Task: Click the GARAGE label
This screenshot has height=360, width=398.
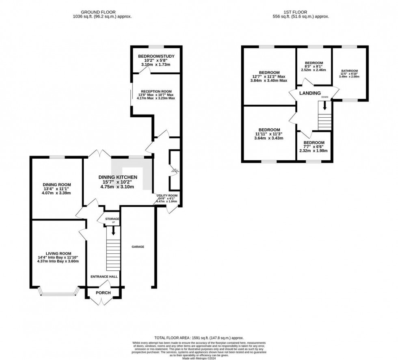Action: [138, 247]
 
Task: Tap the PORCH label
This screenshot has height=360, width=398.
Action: [103, 293]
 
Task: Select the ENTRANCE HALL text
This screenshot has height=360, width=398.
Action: [104, 276]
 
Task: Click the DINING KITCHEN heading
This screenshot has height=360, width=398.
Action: [118, 177]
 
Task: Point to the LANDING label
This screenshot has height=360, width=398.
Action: [310, 93]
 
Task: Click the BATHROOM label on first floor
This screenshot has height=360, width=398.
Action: [349, 69]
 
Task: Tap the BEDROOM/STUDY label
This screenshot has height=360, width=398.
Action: [154, 56]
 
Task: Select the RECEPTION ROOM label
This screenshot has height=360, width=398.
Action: [156, 91]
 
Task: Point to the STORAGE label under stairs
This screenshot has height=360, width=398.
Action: [112, 219]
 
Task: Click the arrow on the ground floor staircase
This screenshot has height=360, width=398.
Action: [113, 230]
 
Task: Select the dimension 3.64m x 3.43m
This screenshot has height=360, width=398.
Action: [268, 138]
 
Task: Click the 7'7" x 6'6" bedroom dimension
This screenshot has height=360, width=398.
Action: [314, 147]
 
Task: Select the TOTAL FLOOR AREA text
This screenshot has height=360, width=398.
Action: [199, 338]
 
